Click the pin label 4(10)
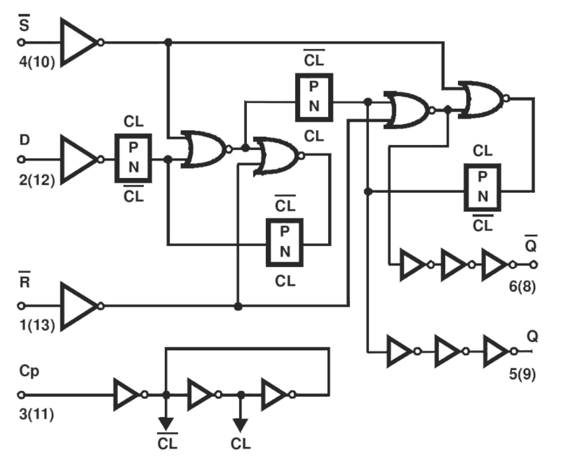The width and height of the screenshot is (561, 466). (37, 62)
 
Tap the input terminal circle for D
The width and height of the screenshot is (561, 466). (21, 159)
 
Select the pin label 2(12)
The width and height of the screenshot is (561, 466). (37, 180)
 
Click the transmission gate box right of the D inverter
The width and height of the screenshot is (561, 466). (133, 158)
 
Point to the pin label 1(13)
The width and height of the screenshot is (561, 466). (37, 325)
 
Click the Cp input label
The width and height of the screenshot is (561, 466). (29, 370)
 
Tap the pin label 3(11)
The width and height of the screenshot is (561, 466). (37, 414)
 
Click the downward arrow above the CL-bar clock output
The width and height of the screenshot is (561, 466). (166, 422)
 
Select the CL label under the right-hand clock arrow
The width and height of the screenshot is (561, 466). (241, 444)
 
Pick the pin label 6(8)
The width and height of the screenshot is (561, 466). (522, 286)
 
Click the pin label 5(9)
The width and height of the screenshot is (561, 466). (522, 373)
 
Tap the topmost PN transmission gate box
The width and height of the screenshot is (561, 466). (314, 97)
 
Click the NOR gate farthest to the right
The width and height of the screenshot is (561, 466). (482, 99)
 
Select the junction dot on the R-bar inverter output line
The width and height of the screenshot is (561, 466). (238, 306)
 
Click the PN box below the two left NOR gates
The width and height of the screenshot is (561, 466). (285, 242)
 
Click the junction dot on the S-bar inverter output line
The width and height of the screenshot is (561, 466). (168, 42)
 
